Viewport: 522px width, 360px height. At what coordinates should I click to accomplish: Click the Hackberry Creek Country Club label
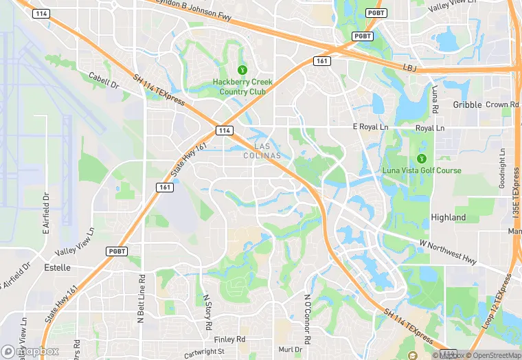(242, 87)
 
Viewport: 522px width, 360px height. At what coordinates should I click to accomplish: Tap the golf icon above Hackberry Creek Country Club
(242, 70)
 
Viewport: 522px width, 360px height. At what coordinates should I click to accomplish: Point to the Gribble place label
(467, 105)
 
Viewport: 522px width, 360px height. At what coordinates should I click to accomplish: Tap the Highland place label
(448, 218)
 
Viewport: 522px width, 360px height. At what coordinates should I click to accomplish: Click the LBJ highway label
(410, 67)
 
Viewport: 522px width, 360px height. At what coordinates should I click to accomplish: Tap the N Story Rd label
(207, 311)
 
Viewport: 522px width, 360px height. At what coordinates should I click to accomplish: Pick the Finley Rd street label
(229, 339)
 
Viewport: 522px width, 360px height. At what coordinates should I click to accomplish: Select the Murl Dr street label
(291, 350)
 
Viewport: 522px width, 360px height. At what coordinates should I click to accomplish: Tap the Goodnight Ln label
(503, 173)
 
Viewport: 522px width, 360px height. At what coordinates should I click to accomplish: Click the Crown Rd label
(501, 105)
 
